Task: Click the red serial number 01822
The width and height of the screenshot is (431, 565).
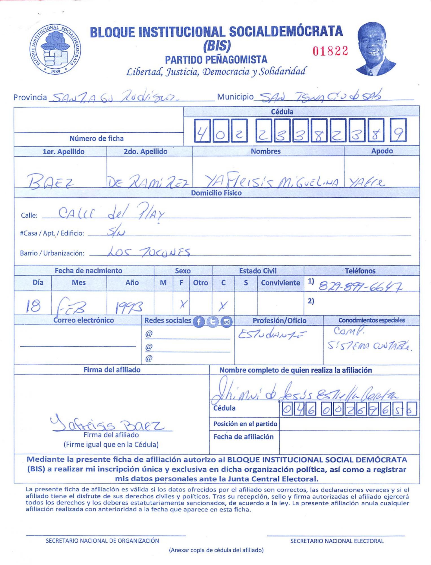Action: [330, 51]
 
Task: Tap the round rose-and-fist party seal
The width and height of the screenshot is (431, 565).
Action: [55, 49]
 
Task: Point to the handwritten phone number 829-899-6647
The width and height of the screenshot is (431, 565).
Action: [360, 287]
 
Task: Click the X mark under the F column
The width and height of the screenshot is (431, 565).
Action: [183, 304]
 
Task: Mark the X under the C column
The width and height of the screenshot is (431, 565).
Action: [223, 305]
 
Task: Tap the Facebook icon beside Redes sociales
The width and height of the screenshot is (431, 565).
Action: [199, 322]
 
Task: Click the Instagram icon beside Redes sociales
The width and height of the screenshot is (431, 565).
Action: [226, 322]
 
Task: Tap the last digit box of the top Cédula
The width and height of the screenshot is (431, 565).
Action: [398, 130]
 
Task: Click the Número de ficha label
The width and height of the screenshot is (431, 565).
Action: [97, 138]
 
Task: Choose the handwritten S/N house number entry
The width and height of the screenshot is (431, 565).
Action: [116, 232]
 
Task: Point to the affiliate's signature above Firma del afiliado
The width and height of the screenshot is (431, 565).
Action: [107, 423]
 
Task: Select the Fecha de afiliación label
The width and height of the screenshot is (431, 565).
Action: [243, 437]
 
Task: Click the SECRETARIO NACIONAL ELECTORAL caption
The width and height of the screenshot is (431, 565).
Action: [337, 541]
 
